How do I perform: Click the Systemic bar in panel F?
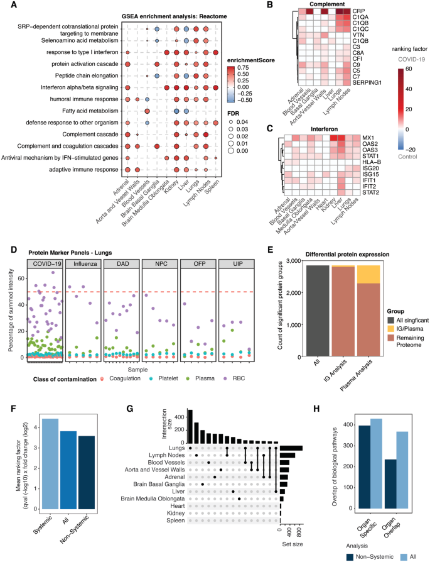[50, 464]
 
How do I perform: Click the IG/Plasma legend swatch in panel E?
[391, 329]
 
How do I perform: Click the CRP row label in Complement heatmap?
[358, 11]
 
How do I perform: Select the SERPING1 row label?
[367, 82]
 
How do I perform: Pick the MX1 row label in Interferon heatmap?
[368, 138]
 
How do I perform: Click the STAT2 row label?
[370, 192]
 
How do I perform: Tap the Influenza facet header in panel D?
[85, 263]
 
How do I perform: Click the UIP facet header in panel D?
[238, 263]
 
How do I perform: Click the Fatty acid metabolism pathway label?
[90, 111]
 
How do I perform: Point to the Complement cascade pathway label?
[90, 135]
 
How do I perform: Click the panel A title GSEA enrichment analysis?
[174, 16]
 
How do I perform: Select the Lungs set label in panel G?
[177, 448]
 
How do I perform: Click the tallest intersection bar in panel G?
[190, 426]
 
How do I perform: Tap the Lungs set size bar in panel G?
[291, 448]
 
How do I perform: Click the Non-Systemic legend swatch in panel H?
[350, 557]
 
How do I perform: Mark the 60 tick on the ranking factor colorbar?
[409, 69]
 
